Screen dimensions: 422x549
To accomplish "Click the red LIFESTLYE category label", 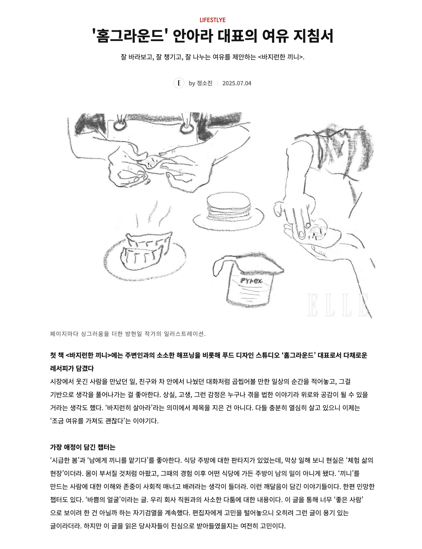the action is coord(212,20).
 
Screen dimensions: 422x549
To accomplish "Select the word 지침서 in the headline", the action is coord(313,36).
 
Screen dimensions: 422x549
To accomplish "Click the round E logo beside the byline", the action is coord(179,83).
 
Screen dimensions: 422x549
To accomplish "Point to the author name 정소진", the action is coord(204,83).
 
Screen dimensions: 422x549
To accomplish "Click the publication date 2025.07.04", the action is coord(236,83).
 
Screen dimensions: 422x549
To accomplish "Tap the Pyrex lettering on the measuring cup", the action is coord(251,281).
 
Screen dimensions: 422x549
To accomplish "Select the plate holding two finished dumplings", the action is coord(145,258).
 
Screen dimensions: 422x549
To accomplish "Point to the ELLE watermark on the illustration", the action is coord(338,305).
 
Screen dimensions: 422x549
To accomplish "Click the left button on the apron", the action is coord(120,126).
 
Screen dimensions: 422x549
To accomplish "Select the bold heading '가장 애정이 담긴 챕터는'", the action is coord(83,447).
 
